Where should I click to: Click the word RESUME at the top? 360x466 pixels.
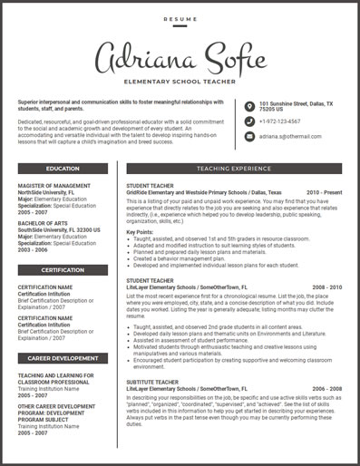pos(180,18)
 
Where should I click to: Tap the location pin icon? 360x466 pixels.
pos(249,105)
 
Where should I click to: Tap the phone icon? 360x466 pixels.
pos(249,121)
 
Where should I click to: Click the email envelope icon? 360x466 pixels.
pos(249,136)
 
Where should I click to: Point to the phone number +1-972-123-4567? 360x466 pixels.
pos(280,121)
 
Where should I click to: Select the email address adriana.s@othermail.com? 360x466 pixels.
pos(291,136)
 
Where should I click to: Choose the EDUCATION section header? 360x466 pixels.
pos(63,169)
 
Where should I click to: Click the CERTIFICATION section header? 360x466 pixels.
pos(63,269)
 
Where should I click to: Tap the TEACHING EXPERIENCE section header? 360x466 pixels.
pos(233,169)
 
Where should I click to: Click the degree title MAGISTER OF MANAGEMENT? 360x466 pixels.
pos(54,186)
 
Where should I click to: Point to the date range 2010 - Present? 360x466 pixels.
pos(325,192)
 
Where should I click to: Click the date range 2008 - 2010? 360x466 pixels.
pos(327,287)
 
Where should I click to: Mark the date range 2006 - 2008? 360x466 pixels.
pos(327,388)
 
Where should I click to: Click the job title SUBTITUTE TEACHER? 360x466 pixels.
pos(152,382)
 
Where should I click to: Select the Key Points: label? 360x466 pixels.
pos(140,232)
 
